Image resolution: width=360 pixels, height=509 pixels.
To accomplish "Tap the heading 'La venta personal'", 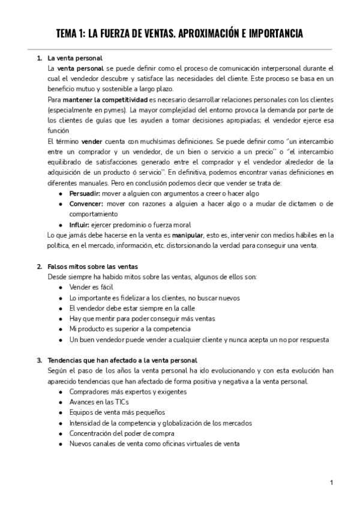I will click(76, 58).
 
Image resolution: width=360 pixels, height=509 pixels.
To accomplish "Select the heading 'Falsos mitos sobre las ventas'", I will click(92, 266).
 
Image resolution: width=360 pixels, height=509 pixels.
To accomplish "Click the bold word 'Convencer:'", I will click(87, 203).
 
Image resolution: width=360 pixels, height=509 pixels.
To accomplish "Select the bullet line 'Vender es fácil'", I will click(91, 287).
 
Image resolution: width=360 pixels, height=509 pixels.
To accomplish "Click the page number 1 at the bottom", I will click(331, 482).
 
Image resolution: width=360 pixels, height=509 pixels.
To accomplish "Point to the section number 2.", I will click(38, 266).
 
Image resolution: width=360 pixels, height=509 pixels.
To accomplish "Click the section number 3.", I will click(38, 361).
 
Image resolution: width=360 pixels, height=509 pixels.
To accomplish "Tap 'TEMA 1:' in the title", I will click(70, 34).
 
